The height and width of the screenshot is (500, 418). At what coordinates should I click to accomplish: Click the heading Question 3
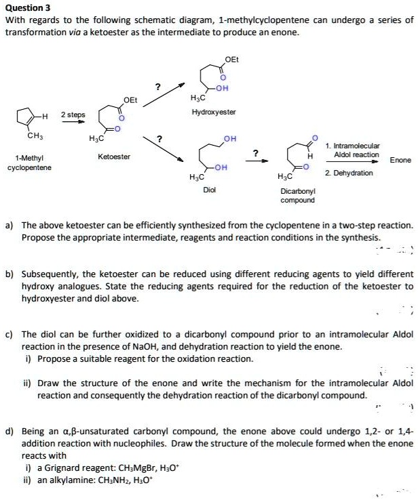pos(28,8)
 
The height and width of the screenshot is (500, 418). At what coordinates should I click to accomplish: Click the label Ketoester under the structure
pos(113,157)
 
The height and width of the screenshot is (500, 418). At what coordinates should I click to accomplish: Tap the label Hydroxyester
pos(214,111)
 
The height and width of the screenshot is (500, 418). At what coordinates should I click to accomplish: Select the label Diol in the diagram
pos(210,190)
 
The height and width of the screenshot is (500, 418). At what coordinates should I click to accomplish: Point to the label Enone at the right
pos(400,160)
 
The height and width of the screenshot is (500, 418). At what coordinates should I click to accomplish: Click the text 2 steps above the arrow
pos(73,114)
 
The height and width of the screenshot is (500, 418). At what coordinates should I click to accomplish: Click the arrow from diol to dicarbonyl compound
pos(256,162)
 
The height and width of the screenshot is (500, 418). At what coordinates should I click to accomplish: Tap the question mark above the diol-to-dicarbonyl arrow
pos(255,152)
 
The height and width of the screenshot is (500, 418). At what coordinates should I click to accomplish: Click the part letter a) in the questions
pos(9,224)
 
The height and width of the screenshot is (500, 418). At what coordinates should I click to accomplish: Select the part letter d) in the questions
pos(9,430)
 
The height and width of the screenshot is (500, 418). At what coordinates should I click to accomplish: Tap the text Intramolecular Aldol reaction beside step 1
pos(356,150)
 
